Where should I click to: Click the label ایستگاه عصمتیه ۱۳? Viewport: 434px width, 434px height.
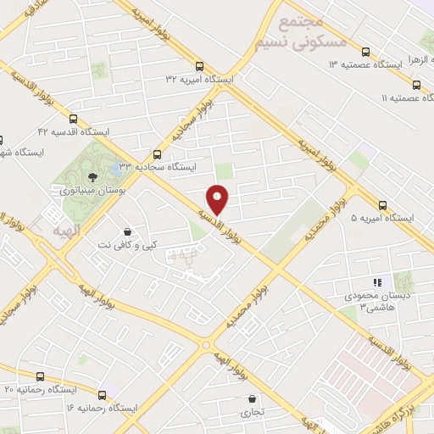coord(364,64)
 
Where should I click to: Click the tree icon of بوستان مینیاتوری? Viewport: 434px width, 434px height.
coord(92,177)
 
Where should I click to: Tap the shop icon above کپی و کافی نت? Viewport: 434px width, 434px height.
coord(127,231)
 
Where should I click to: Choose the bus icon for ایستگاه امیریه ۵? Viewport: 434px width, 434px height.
coord(382,205)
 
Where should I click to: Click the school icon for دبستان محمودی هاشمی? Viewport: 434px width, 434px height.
coord(378,282)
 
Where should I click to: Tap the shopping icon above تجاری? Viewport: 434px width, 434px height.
coord(252,399)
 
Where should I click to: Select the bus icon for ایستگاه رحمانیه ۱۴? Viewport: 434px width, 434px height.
coord(102,395)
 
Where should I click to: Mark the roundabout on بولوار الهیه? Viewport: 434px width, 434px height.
coord(207,345)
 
